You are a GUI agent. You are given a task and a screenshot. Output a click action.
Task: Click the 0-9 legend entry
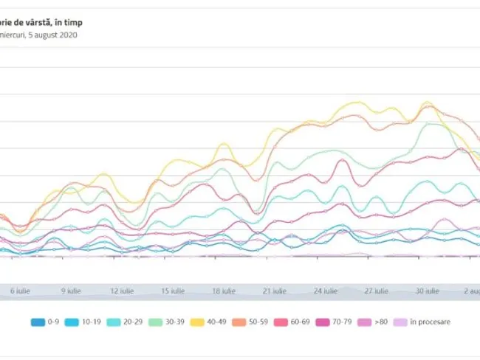pyautogui.click(x=46, y=322)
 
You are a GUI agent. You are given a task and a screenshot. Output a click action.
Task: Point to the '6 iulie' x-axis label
pyautogui.click(x=19, y=291)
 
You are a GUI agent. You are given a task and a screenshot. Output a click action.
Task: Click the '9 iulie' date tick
pyautogui.click(x=71, y=291)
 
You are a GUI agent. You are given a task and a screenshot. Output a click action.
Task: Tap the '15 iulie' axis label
pyautogui.click(x=172, y=291)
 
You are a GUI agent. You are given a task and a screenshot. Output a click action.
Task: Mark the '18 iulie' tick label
pyautogui.click(x=223, y=291)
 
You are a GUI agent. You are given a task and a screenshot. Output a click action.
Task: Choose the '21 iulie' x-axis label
pyautogui.click(x=274, y=291)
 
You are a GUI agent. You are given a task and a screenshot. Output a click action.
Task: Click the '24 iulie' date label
pyautogui.click(x=325, y=291)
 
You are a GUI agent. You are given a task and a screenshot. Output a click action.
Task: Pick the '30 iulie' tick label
pyautogui.click(x=427, y=291)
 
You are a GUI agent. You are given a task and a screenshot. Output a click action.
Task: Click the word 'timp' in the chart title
pyautogui.click(x=72, y=23)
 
